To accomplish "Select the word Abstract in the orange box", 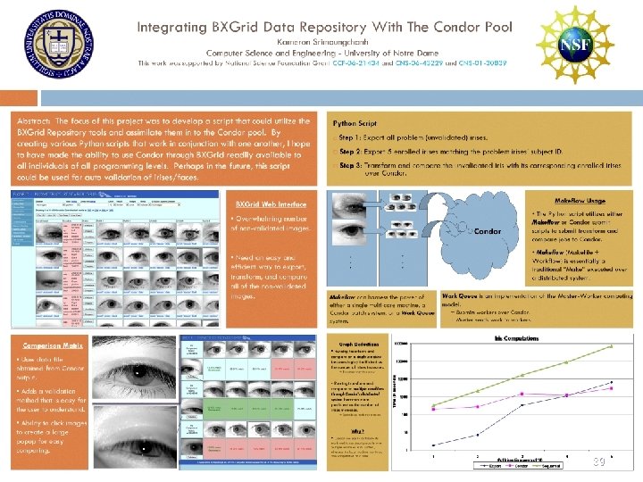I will point(36,120).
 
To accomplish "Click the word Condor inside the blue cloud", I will point(487,231).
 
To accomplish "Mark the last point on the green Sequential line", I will point(611,345).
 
